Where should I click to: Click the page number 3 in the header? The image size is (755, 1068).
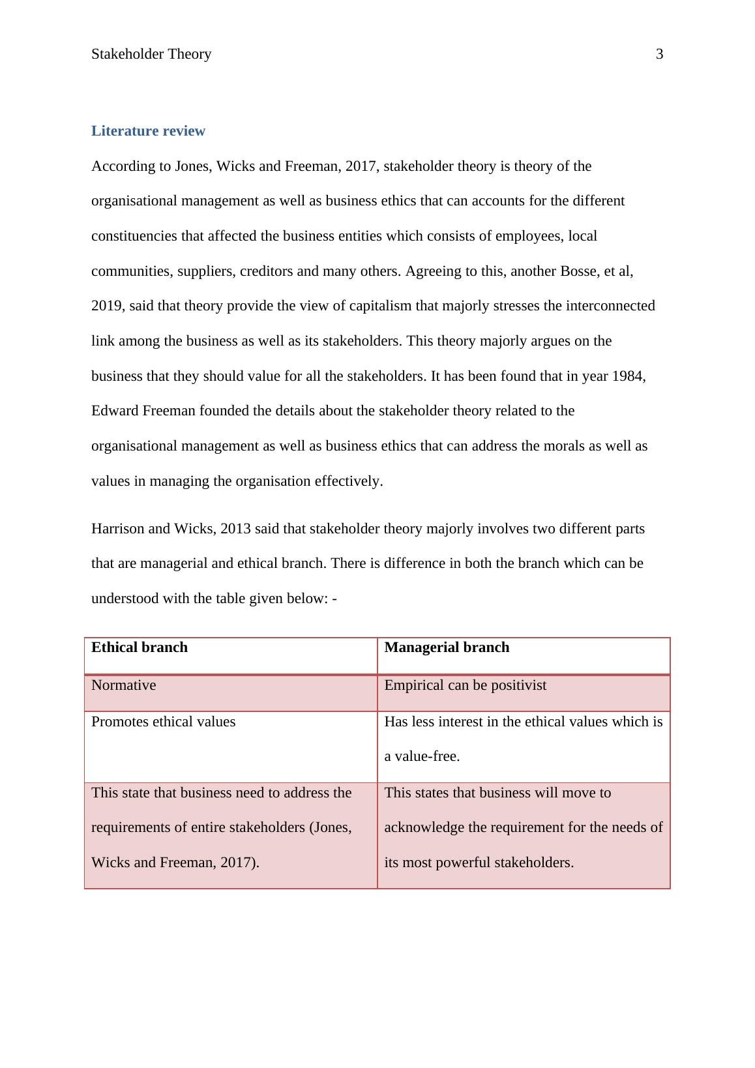coord(659,54)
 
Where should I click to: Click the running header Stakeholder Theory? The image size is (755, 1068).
coord(151,54)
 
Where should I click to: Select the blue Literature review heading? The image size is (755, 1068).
coord(148,131)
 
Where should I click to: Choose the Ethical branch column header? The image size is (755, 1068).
coord(140,647)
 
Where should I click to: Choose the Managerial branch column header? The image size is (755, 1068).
coord(447,647)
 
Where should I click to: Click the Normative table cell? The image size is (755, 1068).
coord(124,685)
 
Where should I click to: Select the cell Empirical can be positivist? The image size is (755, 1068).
coord(465,685)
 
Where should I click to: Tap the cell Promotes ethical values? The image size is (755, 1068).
coord(164,722)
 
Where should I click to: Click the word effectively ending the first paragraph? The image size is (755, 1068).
coord(348,481)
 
